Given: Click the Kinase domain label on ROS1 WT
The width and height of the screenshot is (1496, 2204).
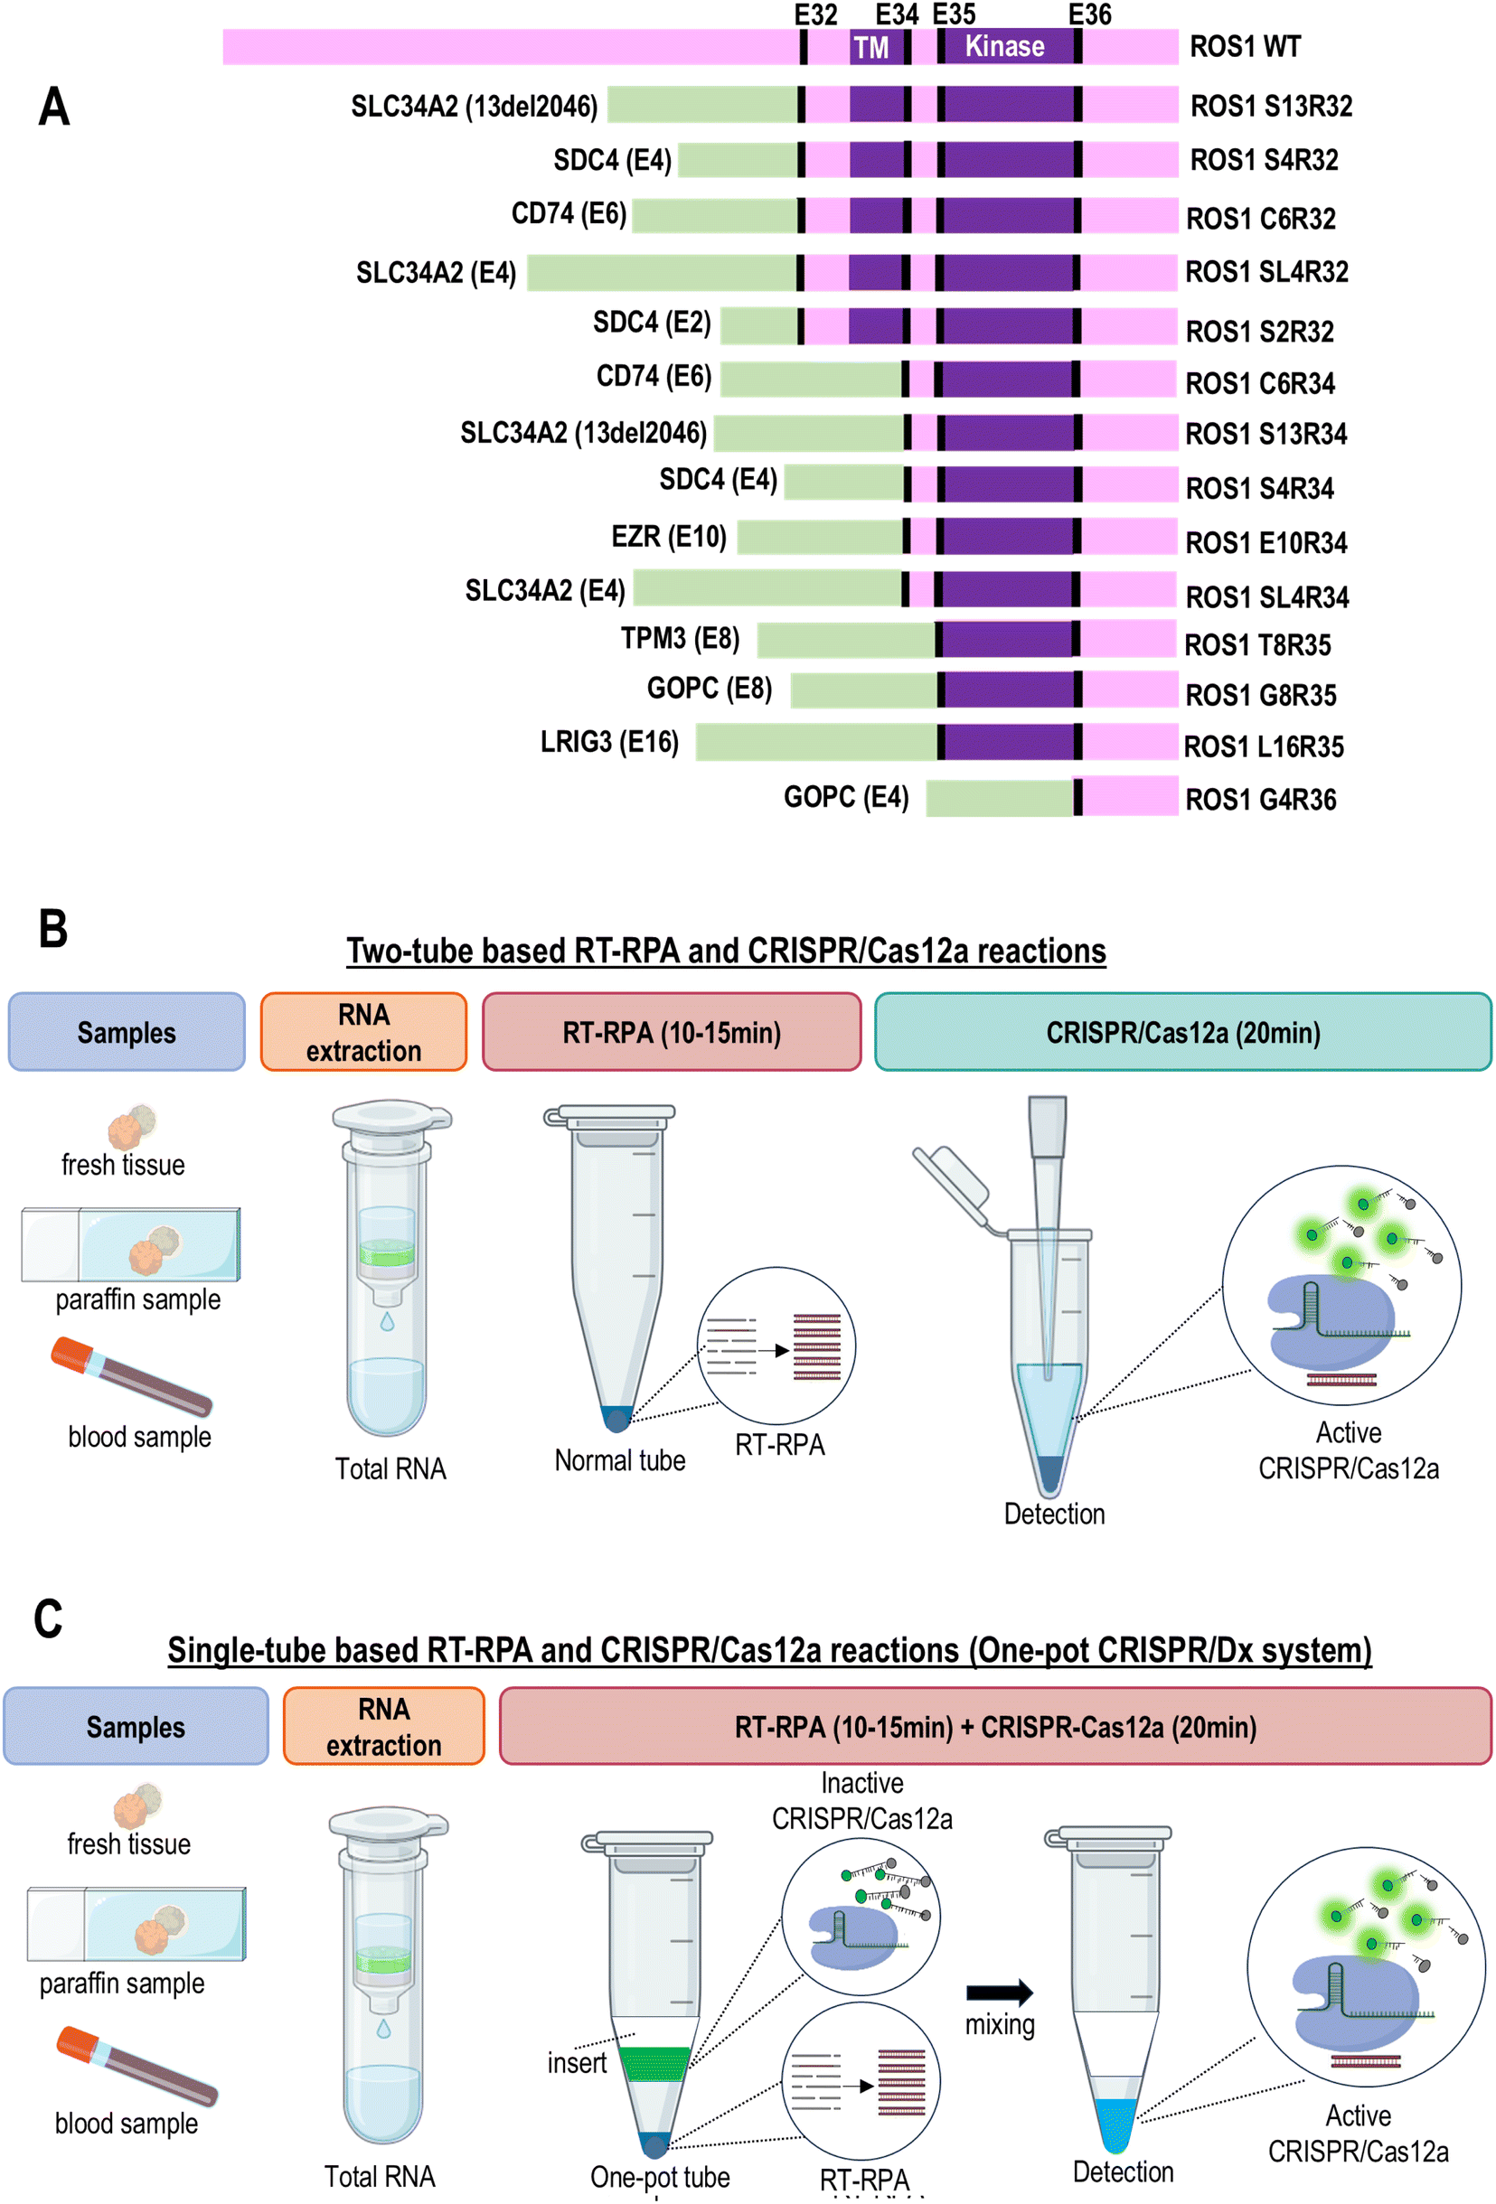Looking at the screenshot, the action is pos(1003,45).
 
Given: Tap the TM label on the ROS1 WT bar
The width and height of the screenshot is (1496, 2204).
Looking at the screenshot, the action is pos(870,47).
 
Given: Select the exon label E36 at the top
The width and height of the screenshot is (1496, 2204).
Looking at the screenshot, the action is pos(1089,14).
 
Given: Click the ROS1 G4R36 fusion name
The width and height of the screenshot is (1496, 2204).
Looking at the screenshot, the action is pos(1260,800).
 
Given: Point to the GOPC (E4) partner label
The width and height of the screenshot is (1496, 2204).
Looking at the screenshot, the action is pos(845,797).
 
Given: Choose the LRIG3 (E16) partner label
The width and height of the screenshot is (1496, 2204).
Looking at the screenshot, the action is pos(609,742).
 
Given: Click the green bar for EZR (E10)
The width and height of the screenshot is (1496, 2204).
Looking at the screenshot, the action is pos(821,537).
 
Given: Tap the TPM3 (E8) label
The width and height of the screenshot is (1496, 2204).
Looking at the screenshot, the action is pos(679,638).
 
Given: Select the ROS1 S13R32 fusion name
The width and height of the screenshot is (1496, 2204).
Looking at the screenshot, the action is pos(1270,107).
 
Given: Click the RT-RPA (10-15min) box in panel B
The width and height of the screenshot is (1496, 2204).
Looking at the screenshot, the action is pos(672,1032).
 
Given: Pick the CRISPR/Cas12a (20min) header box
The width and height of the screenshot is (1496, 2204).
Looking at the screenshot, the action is pos(1183,1032).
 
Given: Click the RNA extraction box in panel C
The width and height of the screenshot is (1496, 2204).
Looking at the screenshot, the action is pos(383,1726).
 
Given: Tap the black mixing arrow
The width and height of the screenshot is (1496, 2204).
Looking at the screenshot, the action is pos(999,1992).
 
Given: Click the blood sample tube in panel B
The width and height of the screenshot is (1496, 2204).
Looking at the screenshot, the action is pos(131,1376).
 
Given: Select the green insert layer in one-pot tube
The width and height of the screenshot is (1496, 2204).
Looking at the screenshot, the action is pos(654,2064).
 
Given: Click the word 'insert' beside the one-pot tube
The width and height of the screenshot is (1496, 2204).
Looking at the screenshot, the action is pos(577,2063).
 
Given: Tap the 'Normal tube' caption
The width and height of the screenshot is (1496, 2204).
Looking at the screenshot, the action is pos(619,1460).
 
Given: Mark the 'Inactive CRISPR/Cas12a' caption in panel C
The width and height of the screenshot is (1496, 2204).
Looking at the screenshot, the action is pos(861,1800).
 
